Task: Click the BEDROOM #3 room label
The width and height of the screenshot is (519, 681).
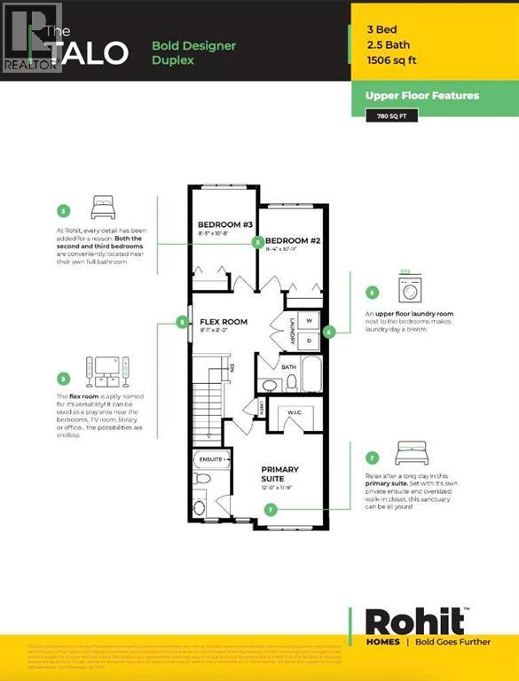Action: coord(222,224)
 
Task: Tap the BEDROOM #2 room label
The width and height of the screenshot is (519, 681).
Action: coord(294,241)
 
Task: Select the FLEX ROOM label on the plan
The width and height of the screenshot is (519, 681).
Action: coord(224,322)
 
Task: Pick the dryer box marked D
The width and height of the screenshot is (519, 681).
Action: coord(310,340)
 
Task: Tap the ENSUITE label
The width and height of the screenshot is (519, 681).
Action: coord(209,460)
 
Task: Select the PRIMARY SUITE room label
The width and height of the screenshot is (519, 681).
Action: coord(279,474)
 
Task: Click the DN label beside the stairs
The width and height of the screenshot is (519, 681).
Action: coord(231,368)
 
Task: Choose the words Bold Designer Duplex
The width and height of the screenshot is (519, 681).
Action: coord(193,52)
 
